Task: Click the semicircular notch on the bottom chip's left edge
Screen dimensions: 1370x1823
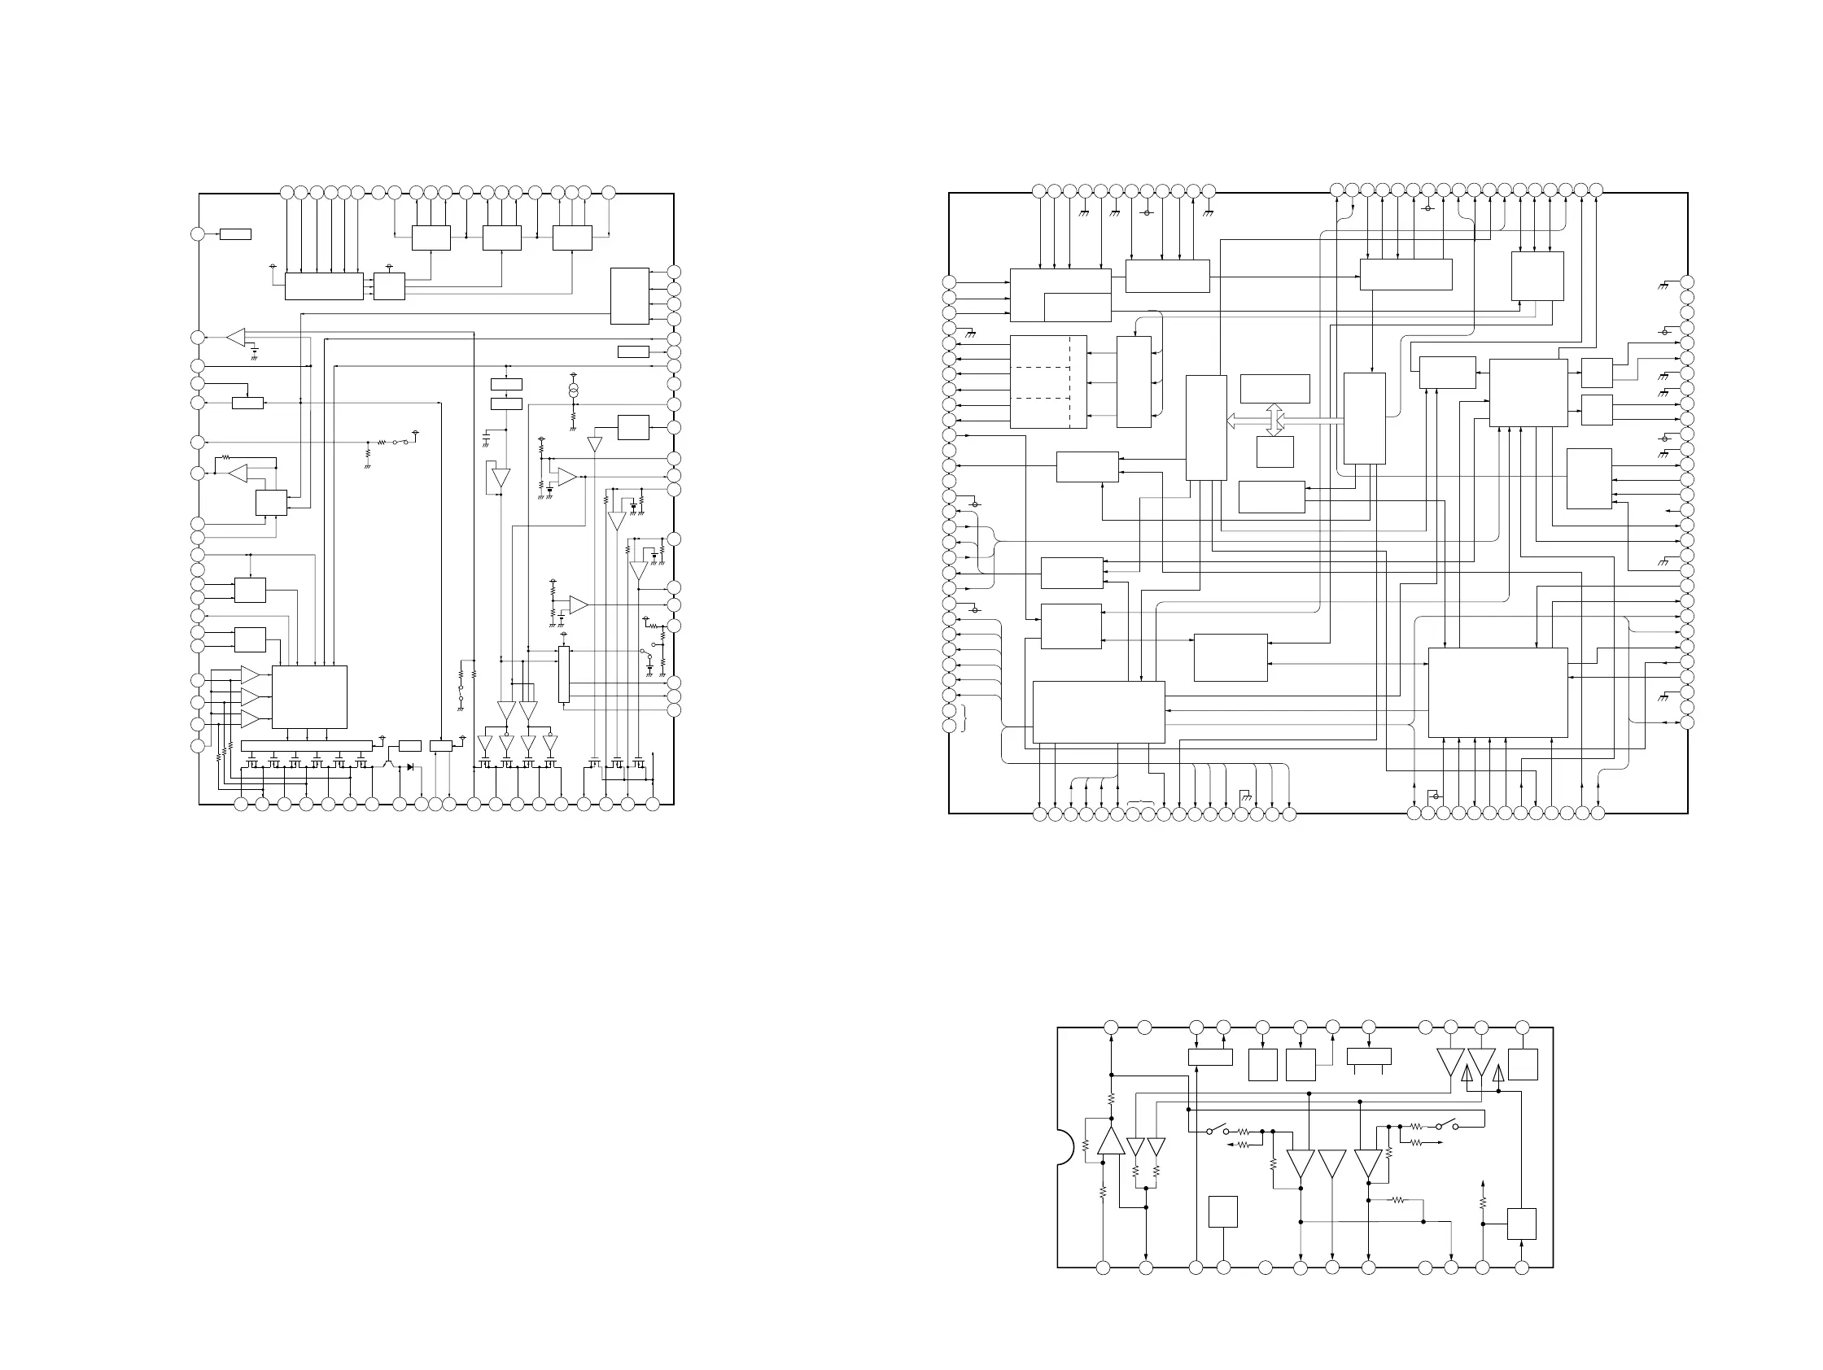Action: coord(1065,1146)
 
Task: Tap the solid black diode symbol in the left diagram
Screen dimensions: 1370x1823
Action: coord(410,767)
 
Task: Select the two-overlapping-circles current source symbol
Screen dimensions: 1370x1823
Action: coord(574,387)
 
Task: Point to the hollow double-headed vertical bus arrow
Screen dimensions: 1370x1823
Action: coord(1275,419)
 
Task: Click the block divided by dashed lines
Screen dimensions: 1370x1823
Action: coord(1047,382)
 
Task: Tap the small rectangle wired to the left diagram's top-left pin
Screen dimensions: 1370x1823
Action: coord(235,235)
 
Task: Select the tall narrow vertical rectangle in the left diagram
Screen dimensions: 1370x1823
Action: coord(564,674)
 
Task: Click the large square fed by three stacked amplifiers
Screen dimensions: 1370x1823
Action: coord(309,697)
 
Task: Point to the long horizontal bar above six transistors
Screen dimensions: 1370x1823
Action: coord(306,745)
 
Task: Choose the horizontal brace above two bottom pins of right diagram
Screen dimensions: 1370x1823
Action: coord(1141,801)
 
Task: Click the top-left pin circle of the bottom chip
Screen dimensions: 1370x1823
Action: coord(1111,1027)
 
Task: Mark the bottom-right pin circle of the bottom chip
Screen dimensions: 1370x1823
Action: coord(1522,1267)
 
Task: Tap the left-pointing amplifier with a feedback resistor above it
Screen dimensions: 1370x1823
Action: coord(238,473)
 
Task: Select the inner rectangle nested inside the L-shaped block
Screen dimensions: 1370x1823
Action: coord(1078,307)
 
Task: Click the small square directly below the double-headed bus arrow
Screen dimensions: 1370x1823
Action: coord(1275,452)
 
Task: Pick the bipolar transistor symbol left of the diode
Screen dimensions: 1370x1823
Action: coord(388,766)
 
